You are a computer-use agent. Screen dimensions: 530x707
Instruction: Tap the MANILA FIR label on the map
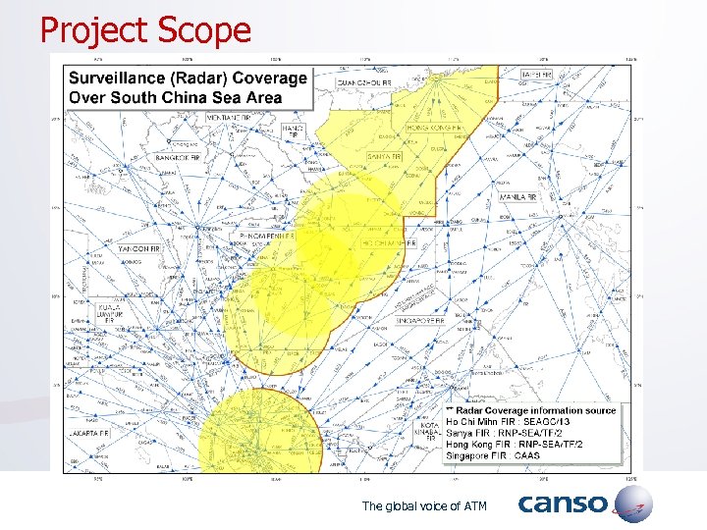(x=517, y=197)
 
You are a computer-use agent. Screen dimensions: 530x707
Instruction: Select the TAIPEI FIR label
(x=537, y=75)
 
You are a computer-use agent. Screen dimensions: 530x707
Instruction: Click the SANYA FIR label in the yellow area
(x=384, y=156)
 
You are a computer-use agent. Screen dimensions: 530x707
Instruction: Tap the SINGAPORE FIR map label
(x=418, y=320)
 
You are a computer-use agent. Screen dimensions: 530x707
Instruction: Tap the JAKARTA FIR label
(x=89, y=432)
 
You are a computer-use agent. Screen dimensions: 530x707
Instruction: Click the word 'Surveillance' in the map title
(x=113, y=79)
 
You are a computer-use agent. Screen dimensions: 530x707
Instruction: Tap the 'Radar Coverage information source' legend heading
(x=535, y=410)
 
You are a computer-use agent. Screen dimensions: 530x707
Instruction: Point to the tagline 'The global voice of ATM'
(x=424, y=505)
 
